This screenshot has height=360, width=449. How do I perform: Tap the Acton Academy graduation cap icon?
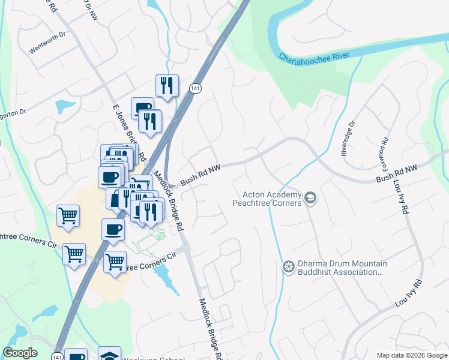[x=310, y=198]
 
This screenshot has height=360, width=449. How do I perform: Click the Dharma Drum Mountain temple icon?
[x=289, y=266]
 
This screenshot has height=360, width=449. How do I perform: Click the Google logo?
[x=20, y=353]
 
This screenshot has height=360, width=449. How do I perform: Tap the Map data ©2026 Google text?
[x=412, y=355]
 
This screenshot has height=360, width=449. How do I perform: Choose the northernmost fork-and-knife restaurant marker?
[x=167, y=85]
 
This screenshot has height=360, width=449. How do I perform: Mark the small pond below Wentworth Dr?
[x=64, y=107]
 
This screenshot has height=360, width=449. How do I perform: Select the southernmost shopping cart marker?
[x=115, y=262]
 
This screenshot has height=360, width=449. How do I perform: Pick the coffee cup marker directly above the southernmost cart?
[x=113, y=229]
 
